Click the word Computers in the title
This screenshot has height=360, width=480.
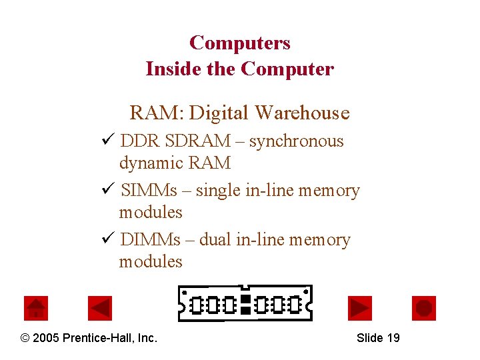[240, 43]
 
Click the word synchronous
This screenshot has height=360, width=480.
[297, 141]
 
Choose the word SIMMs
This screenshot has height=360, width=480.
[149, 191]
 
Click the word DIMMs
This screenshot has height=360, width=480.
[151, 240]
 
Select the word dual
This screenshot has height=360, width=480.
[215, 240]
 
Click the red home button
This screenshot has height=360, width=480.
[36, 308]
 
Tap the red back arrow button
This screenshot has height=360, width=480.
[100, 308]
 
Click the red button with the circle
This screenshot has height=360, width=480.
[424, 308]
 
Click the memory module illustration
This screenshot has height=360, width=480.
[245, 303]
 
